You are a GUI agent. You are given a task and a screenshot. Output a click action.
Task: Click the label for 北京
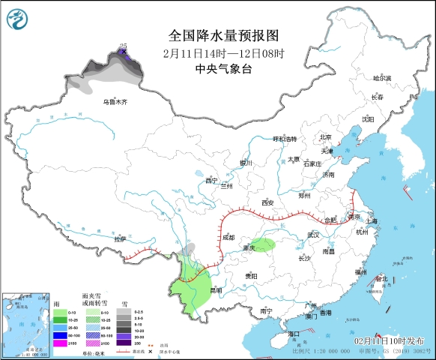pyautogui.click(x=326, y=137)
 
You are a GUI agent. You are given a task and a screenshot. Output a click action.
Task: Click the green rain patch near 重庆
pyautogui.click(x=263, y=245)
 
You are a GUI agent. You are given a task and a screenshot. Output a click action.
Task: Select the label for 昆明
pyautogui.click(x=216, y=290)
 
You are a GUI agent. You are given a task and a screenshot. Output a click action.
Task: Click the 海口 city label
pyautogui.click(x=294, y=333)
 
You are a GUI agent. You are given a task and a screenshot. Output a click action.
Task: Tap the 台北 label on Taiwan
pyautogui.click(x=382, y=278)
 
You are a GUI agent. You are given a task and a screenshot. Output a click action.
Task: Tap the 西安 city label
pyautogui.click(x=267, y=203)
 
